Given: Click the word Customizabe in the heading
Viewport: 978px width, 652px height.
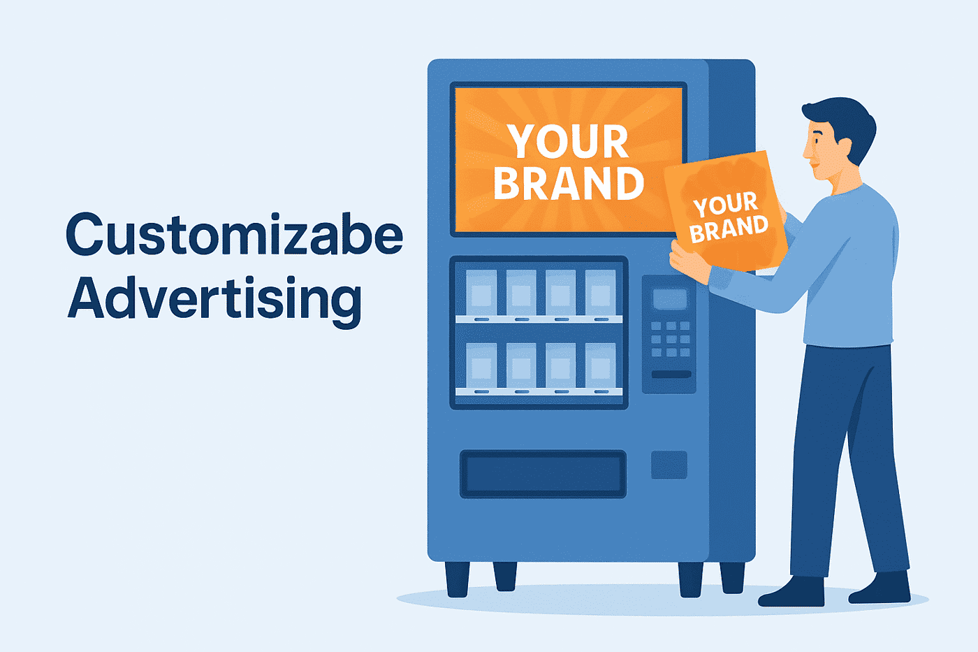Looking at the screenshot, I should pyautogui.click(x=234, y=235).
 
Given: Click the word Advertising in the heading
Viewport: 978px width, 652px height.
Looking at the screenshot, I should pyautogui.click(x=214, y=298).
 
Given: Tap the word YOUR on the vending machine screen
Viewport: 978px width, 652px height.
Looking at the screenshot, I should pyautogui.click(x=567, y=142).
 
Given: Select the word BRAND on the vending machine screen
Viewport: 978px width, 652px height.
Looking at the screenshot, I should pyautogui.click(x=568, y=183).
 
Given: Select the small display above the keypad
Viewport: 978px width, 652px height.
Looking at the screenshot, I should pyautogui.click(x=669, y=299).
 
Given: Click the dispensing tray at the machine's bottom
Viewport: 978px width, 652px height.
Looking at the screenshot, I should pyautogui.click(x=542, y=474).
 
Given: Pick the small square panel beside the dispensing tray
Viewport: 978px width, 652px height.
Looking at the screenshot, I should pyautogui.click(x=669, y=465).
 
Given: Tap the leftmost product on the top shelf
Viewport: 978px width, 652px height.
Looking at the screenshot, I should pyautogui.click(x=481, y=292).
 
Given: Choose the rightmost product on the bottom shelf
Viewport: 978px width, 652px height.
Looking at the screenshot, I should pyautogui.click(x=600, y=365).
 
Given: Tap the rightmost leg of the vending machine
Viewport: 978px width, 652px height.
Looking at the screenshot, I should pyautogui.click(x=732, y=577).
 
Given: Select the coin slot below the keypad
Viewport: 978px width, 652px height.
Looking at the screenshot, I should pyautogui.click(x=671, y=375).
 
